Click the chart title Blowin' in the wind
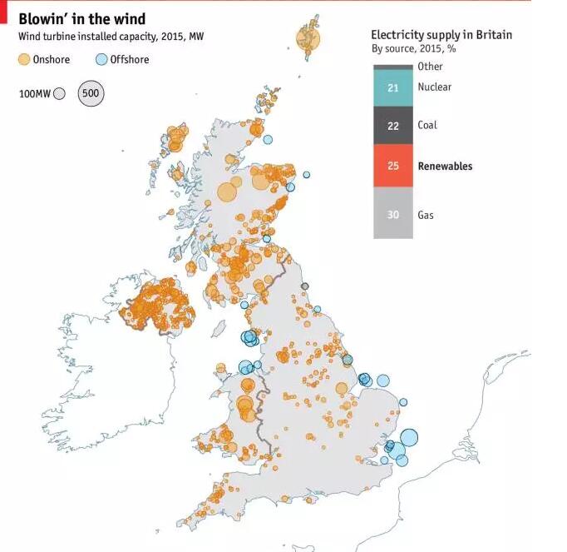[x=82, y=19]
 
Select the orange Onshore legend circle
[x=24, y=59]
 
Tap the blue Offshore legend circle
[x=102, y=59]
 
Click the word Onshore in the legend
[x=52, y=60]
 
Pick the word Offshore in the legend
[x=130, y=60]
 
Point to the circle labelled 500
[x=91, y=94]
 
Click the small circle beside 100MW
[x=59, y=94]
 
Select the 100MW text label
[x=35, y=94]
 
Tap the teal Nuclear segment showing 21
[x=393, y=87]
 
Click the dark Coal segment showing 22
[x=393, y=126]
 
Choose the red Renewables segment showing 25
[x=393, y=166]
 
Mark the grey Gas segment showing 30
[x=393, y=215]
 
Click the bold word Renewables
[x=445, y=166]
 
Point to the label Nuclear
[x=435, y=87]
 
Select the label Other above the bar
[x=431, y=67]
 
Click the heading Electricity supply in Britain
[x=441, y=35]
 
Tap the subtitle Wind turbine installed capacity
[x=111, y=37]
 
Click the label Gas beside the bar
[x=426, y=215]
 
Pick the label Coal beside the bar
[x=427, y=126]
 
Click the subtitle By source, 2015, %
[x=413, y=49]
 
